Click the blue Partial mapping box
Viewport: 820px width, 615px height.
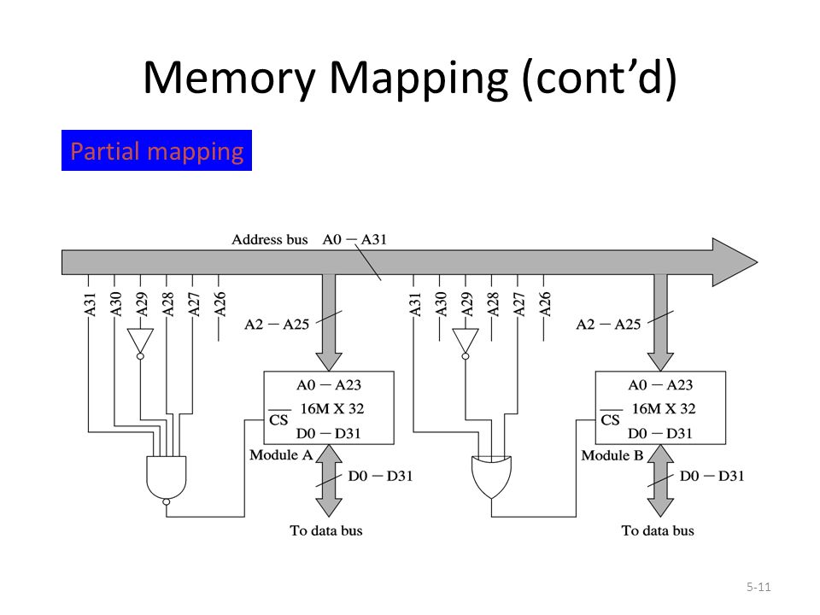point(156,150)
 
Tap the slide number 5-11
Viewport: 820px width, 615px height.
point(758,587)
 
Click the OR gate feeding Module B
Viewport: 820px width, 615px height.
point(492,477)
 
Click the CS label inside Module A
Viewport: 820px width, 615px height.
point(278,419)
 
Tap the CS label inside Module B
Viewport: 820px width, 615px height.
point(610,419)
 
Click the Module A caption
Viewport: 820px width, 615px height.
point(281,455)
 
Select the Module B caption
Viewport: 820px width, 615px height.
point(612,455)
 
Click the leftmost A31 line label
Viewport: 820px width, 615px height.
point(90,304)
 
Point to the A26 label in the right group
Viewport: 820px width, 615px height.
point(545,304)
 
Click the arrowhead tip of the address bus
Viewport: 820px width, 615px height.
point(757,262)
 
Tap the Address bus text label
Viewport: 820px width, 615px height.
point(269,239)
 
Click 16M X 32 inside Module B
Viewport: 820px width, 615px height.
point(664,408)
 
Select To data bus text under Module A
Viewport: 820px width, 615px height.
point(325,530)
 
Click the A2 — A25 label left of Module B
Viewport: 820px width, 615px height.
point(608,325)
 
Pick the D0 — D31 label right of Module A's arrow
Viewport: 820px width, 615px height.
point(380,476)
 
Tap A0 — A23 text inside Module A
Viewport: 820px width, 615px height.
point(328,385)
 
